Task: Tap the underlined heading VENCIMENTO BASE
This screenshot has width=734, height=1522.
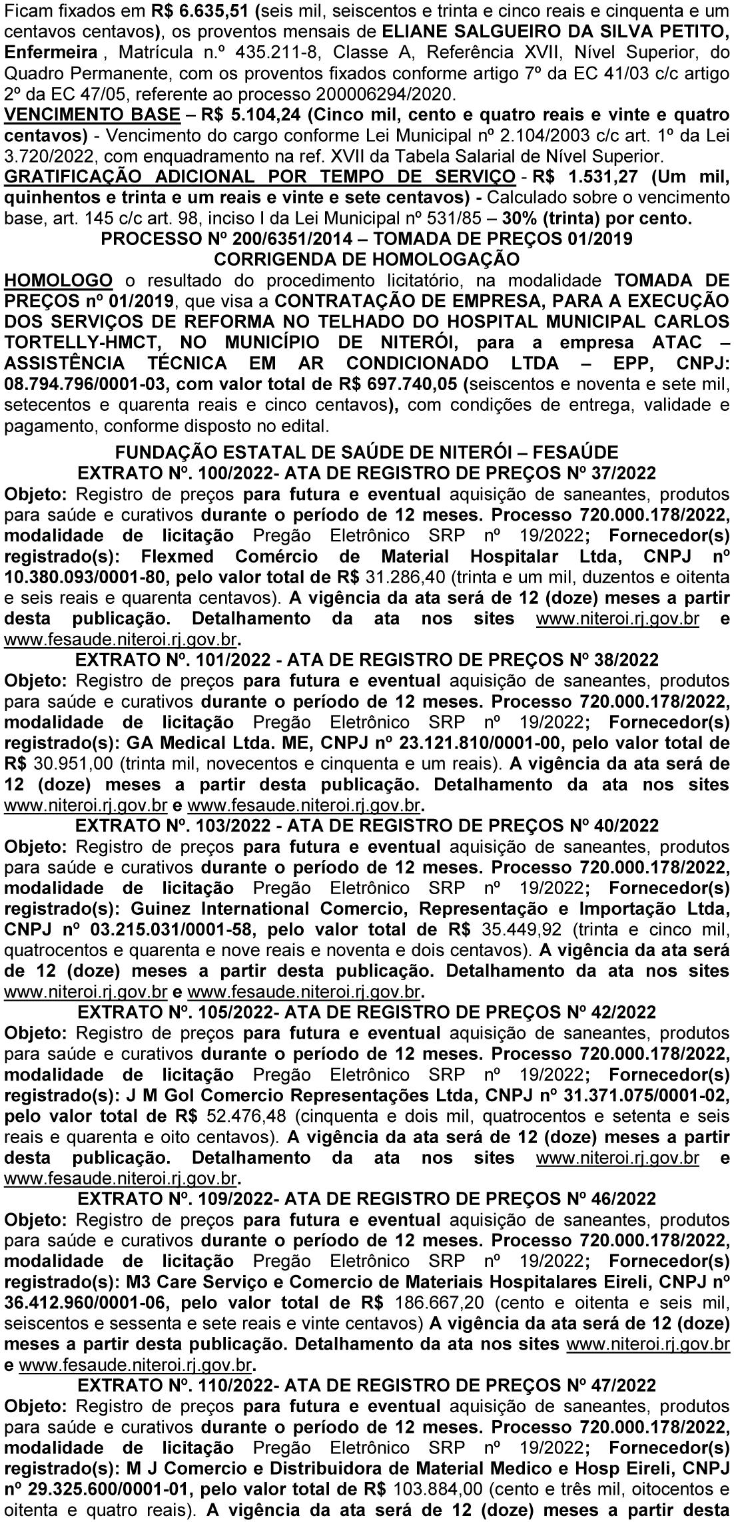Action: [92, 115]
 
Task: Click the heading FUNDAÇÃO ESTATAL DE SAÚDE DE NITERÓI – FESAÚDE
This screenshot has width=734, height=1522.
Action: [366, 453]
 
